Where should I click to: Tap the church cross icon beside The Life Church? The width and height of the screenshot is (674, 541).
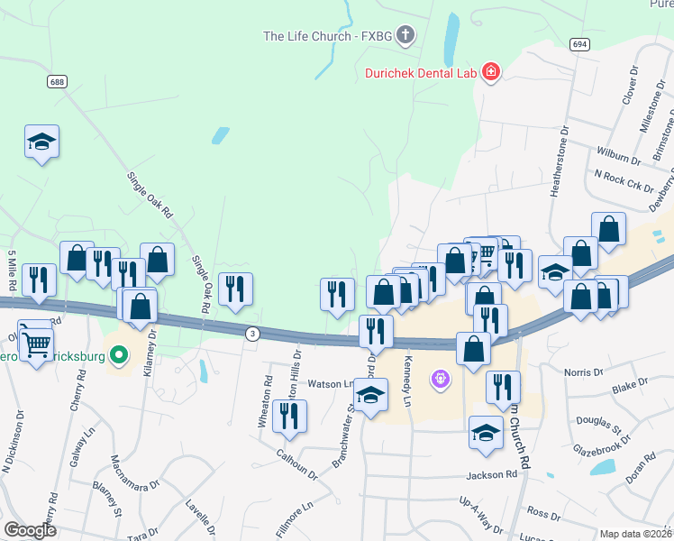pyautogui.click(x=405, y=36)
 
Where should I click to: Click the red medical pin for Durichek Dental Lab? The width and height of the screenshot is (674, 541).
pyautogui.click(x=491, y=71)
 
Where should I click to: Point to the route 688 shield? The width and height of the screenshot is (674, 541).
pyautogui.click(x=58, y=82)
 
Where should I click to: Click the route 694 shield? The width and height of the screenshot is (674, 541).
pyautogui.click(x=579, y=44)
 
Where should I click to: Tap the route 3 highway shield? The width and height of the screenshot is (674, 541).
pyautogui.click(x=253, y=334)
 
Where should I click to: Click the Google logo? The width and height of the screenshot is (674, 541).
pyautogui.click(x=30, y=530)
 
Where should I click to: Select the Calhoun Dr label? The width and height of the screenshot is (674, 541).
pyautogui.click(x=296, y=461)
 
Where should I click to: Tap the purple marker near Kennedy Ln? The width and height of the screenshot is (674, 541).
pyautogui.click(x=440, y=380)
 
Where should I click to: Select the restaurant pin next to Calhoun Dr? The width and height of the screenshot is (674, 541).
pyautogui.click(x=289, y=416)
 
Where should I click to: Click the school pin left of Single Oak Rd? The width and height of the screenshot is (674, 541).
pyautogui.click(x=41, y=142)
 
